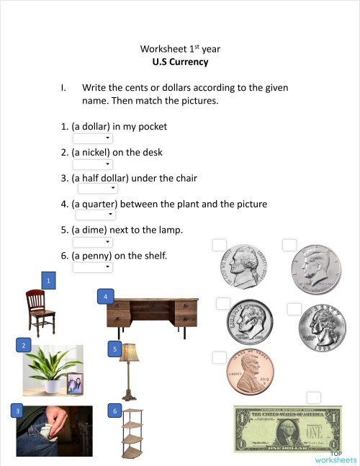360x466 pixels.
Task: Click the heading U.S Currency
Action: click(x=180, y=62)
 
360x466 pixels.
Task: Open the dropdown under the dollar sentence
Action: click(x=93, y=138)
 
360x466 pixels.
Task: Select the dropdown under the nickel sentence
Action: click(x=93, y=164)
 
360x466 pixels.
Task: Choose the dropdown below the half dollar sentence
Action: click(x=97, y=189)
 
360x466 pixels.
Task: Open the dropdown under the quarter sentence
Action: click(x=95, y=215)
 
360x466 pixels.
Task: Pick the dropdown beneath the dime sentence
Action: click(x=93, y=241)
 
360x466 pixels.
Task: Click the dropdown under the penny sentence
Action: click(x=93, y=267)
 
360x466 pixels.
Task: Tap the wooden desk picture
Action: click(x=149, y=314)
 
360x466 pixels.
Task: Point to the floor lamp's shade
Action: click(x=129, y=352)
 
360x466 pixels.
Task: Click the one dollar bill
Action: click(x=287, y=431)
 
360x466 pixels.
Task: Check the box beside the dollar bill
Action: click(x=313, y=398)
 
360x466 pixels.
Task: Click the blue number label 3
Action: click(x=17, y=411)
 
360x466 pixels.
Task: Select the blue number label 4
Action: click(x=105, y=296)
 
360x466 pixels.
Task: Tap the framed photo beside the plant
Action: click(x=74, y=384)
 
